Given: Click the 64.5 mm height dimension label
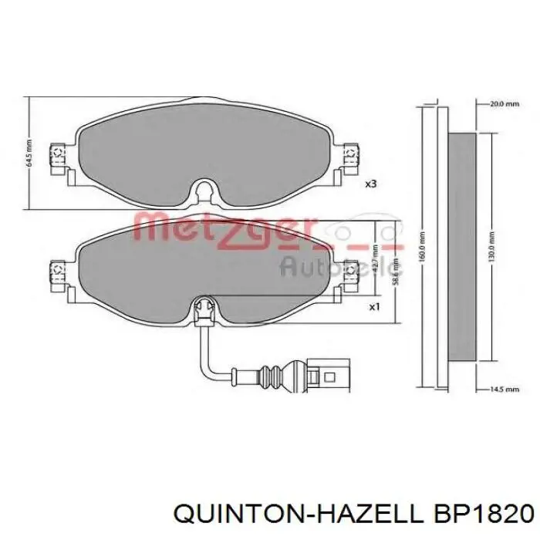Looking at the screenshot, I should tap(29, 153).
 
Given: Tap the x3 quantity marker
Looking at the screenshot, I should tap(371, 184).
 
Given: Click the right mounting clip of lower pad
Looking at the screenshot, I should tap(351, 272).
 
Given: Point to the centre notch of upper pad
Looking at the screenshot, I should tap(204, 191).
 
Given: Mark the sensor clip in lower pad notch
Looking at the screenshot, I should tap(204, 308).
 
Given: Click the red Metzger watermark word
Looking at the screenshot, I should tap(224, 229).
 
